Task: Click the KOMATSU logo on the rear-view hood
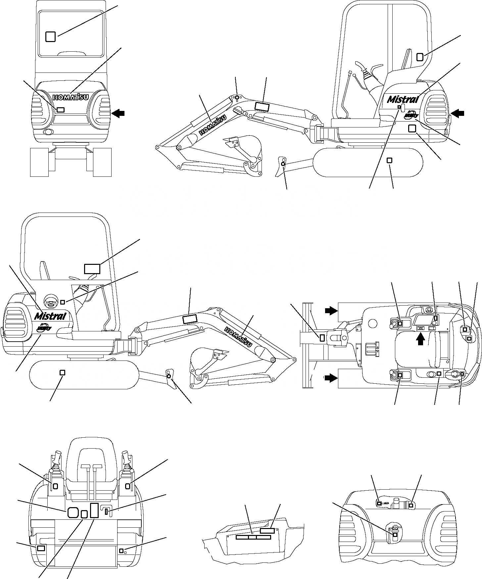point(71,97)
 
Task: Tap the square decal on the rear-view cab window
point(50,36)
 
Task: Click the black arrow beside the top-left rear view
point(118,113)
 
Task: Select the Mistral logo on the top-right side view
point(403,99)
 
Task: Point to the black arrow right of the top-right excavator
point(458,114)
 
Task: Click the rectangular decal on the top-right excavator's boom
point(262,106)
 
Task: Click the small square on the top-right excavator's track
point(389,160)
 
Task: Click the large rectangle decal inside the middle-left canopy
point(92,269)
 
